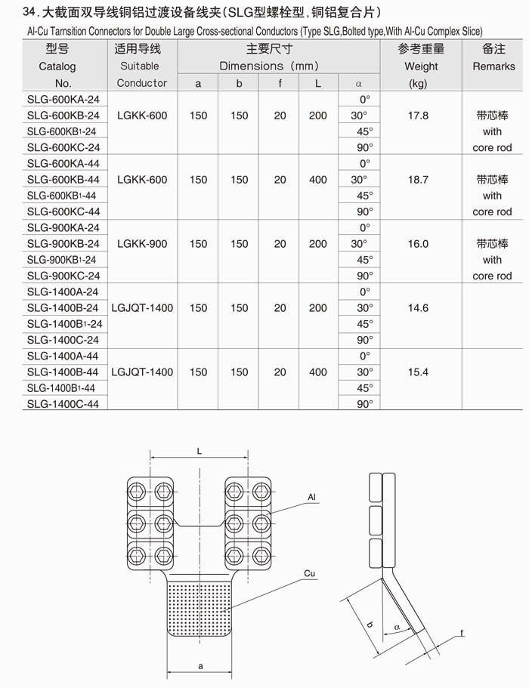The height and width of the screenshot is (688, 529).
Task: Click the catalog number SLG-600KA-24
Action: pyautogui.click(x=63, y=99)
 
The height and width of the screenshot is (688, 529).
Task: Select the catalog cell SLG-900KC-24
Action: pyautogui.click(x=63, y=276)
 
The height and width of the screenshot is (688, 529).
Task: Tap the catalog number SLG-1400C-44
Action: pyautogui.click(x=63, y=404)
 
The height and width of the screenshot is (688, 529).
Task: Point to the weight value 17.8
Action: pyautogui.click(x=418, y=116)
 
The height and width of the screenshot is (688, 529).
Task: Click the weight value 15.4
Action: pyautogui.click(x=418, y=372)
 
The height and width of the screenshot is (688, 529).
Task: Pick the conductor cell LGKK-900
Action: pyautogui.click(x=142, y=243)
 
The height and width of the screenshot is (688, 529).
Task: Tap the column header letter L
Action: pyautogui.click(x=318, y=83)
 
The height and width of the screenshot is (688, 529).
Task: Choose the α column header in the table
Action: pyautogui.click(x=359, y=83)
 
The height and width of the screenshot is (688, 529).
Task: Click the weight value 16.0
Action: pyautogui.click(x=418, y=243)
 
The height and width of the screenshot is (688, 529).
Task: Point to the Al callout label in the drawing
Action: pyautogui.click(x=311, y=497)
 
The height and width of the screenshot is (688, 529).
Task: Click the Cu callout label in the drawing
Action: pyautogui.click(x=310, y=573)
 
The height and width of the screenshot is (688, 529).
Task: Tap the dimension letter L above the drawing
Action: pyautogui.click(x=200, y=451)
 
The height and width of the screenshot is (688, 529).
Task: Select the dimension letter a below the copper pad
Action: pyautogui.click(x=200, y=666)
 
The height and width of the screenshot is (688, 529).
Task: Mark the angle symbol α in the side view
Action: pyautogui.click(x=397, y=628)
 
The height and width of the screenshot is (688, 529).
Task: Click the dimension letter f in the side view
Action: pyautogui.click(x=462, y=633)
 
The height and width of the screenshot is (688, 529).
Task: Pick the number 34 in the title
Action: pyautogui.click(x=29, y=12)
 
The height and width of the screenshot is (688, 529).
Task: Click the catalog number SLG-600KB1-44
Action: pyautogui.click(x=61, y=196)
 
